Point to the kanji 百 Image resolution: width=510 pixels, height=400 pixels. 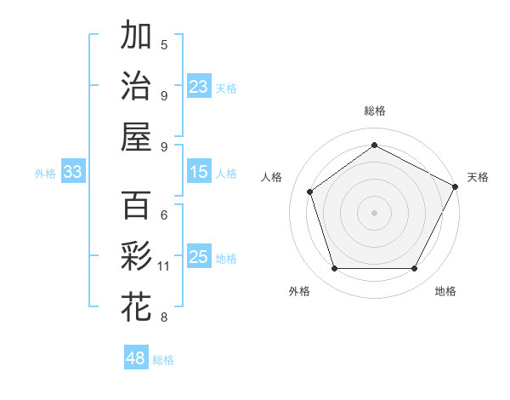pos(136,205)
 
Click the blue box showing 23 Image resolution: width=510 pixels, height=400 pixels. pos(199,86)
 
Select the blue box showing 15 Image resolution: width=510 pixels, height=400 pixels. pos(199,172)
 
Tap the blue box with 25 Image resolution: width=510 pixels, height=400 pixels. pos(199,257)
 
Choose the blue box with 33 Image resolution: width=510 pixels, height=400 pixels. pos(72,172)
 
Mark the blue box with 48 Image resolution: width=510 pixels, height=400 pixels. pos(136,358)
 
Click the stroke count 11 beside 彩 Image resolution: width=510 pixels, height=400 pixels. pos(164,266)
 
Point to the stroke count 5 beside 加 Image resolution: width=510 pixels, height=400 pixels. pos(164,44)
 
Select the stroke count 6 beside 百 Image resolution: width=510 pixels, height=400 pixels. pos(164,215)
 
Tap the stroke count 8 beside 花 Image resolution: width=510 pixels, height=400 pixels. pos(164,317)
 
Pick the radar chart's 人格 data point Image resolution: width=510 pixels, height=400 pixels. pos(310,191)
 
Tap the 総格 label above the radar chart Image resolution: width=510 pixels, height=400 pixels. pos(375,111)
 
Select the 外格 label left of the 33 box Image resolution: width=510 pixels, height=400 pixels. pos(44,173)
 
